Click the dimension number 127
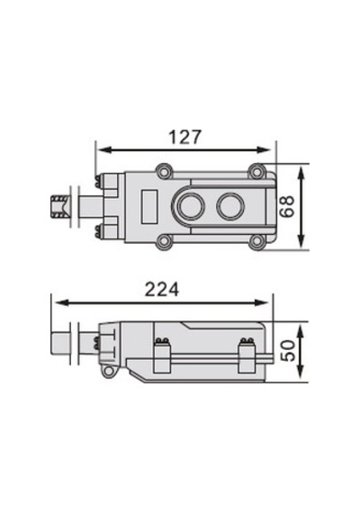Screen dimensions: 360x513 [184, 137]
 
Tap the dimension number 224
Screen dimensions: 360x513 [162, 289]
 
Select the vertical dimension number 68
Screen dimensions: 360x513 [287, 206]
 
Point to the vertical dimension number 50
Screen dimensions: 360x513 [288, 350]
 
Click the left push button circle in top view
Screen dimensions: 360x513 [190, 206]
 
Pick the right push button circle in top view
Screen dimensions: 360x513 [230, 206]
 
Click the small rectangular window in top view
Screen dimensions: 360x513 [148, 207]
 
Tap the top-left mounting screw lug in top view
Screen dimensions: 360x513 [164, 171]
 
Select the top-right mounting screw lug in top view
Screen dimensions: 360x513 [256, 171]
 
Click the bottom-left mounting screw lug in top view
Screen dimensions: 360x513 [164, 242]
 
